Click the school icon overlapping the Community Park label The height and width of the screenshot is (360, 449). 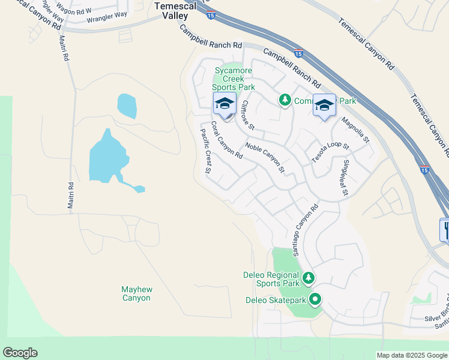[324, 106]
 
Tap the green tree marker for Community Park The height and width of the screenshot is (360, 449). [285, 100]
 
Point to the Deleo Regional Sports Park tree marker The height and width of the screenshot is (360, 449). [308, 278]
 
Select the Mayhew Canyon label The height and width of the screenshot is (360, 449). [137, 293]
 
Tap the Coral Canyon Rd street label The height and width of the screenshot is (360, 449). [226, 141]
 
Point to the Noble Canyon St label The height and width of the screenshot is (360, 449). [264, 158]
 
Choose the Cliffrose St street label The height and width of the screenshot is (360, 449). [248, 115]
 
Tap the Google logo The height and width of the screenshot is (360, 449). [20, 353]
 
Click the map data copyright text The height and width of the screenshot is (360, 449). [412, 355]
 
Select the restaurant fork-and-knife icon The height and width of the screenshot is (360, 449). [445, 229]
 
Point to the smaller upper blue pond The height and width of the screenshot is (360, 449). [127, 106]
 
